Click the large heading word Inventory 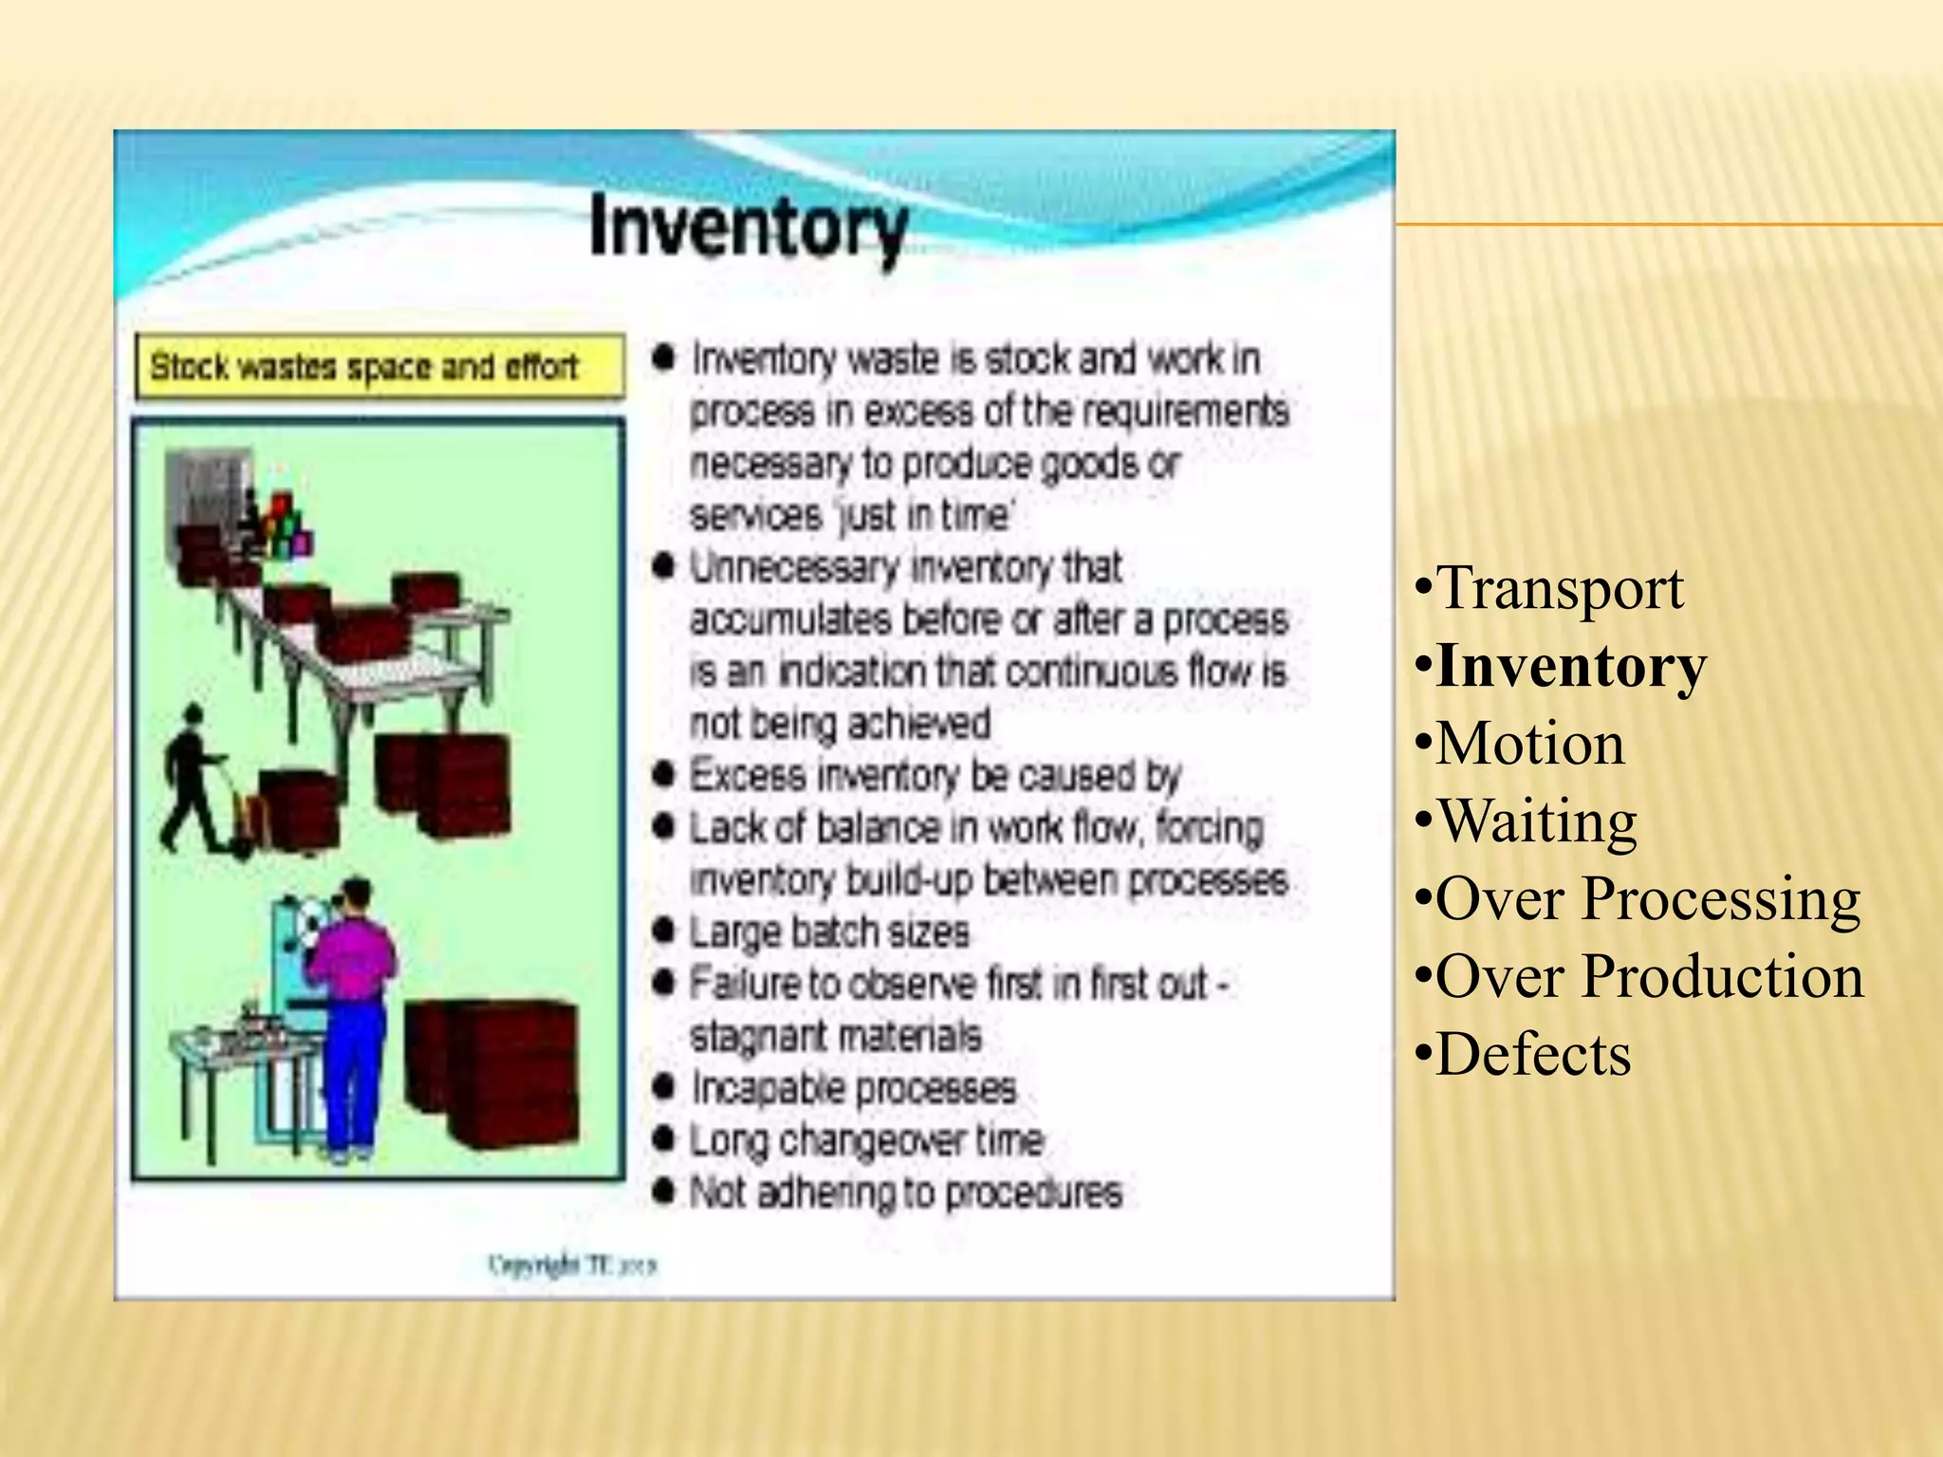click(749, 229)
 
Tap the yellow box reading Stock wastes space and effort click(379, 366)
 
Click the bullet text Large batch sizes click(829, 932)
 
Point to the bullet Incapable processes click(853, 1088)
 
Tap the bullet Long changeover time click(866, 1140)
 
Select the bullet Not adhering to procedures click(905, 1192)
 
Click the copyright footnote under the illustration click(572, 1264)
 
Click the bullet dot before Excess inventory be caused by click(664, 776)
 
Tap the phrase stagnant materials click(835, 1036)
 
